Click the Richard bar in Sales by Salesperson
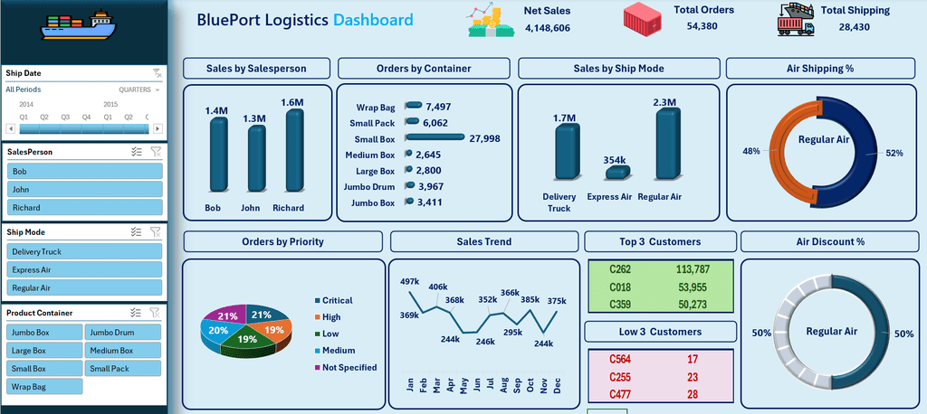point(295,151)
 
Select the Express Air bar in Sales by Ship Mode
point(617,172)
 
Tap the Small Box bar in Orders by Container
point(435,137)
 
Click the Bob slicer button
point(84,171)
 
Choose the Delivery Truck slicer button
point(84,251)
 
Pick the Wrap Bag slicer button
point(44,387)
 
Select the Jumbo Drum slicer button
point(123,332)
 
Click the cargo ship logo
point(79,24)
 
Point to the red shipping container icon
point(644,17)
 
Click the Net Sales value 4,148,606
point(548,28)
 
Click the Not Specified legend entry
point(346,367)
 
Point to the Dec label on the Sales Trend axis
point(557,386)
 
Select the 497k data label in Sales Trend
point(410,280)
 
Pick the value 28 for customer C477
point(693,394)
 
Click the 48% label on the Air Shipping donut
point(751,151)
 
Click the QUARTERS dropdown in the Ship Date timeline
point(139,89)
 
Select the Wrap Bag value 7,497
point(438,107)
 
